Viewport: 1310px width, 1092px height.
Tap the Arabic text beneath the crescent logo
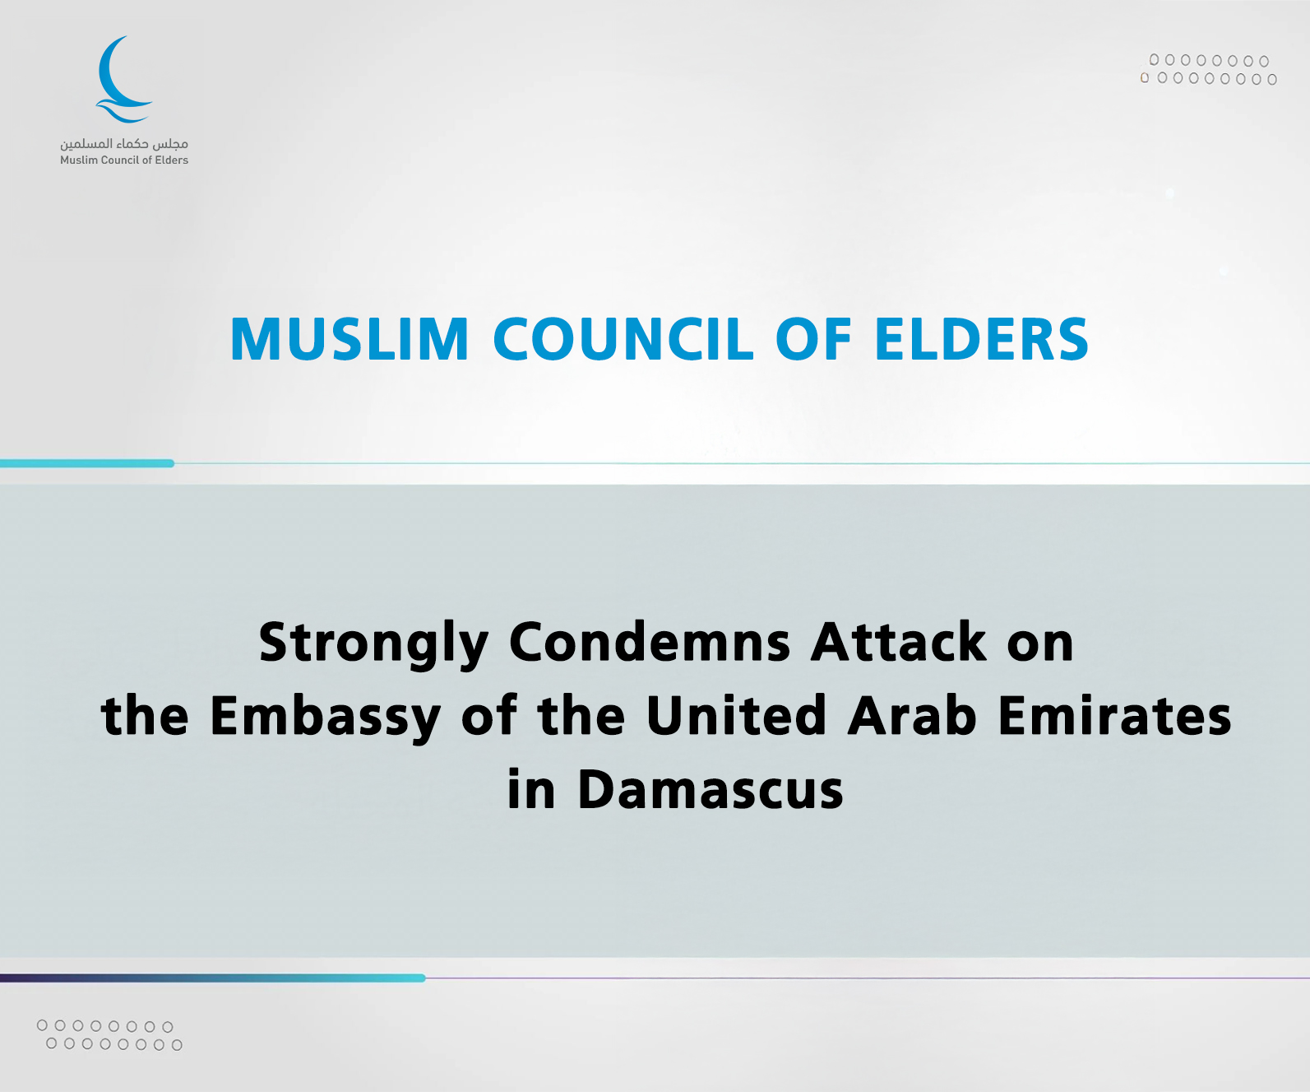(x=124, y=143)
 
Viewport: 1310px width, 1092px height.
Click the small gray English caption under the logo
(x=124, y=160)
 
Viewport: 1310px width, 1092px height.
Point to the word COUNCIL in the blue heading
(x=623, y=339)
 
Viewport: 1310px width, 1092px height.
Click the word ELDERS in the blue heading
(x=981, y=339)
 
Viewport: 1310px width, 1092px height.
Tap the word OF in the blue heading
(x=814, y=339)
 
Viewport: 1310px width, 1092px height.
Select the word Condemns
(x=650, y=643)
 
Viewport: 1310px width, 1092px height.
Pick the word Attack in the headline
(x=899, y=643)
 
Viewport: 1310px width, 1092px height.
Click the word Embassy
(x=325, y=718)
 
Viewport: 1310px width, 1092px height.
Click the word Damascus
(x=711, y=788)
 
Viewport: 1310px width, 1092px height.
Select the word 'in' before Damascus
(x=531, y=788)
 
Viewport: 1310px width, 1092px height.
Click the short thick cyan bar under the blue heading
(x=87, y=463)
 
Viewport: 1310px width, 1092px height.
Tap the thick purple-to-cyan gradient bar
(x=213, y=978)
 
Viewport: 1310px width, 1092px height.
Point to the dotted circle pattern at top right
(x=1208, y=70)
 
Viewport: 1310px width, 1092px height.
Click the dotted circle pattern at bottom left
(x=110, y=1035)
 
